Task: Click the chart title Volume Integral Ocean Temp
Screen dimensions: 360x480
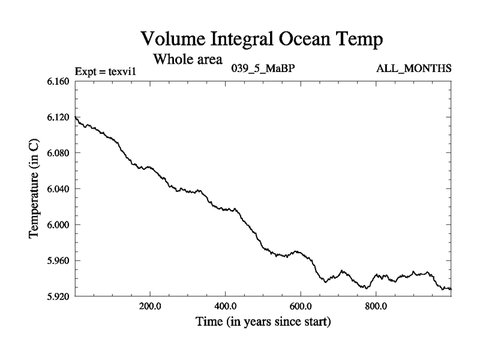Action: (x=262, y=40)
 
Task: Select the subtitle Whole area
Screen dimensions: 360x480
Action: (x=188, y=59)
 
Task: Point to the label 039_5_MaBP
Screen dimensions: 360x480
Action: (x=263, y=68)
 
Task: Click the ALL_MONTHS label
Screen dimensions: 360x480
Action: (x=414, y=68)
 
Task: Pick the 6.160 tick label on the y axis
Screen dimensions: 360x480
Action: (x=58, y=81)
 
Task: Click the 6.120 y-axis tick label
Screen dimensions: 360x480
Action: (x=58, y=117)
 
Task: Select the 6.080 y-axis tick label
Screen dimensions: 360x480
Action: (x=58, y=153)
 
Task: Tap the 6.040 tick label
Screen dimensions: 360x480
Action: (x=58, y=189)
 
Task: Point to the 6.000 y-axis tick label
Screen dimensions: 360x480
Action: (x=58, y=225)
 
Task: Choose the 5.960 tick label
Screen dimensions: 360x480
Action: (x=58, y=261)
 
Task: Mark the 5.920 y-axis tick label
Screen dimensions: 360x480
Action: (x=58, y=296)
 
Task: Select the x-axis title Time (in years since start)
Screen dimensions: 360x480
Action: (x=263, y=322)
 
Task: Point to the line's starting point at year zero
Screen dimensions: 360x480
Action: (x=75, y=117)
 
